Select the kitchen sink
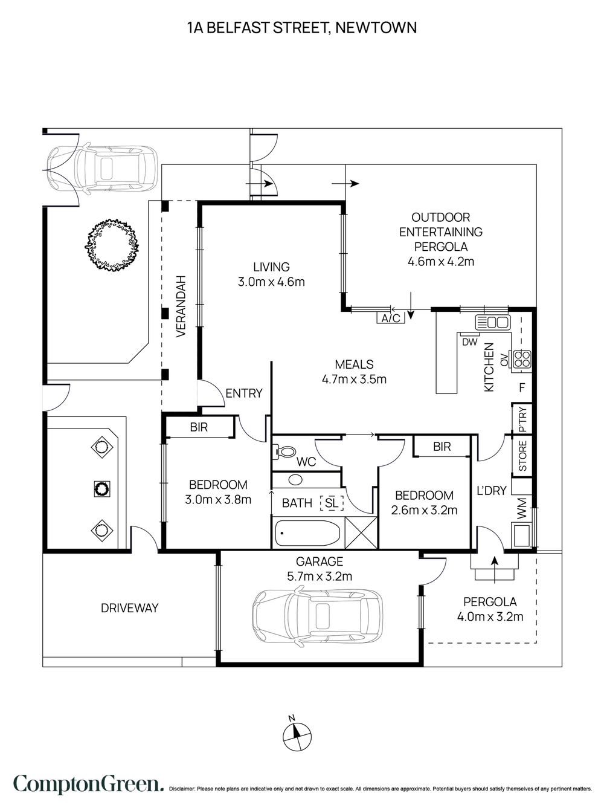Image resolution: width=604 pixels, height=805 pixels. tap(492, 322)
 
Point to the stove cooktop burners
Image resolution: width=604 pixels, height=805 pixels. tap(522, 359)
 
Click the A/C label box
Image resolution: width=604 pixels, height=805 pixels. tap(391, 318)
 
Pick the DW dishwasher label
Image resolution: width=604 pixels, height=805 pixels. tap(469, 342)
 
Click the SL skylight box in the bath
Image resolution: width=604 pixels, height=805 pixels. tap(332, 503)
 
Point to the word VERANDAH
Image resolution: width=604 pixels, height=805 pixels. tap(181, 306)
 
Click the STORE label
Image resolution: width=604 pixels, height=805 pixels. tap(522, 456)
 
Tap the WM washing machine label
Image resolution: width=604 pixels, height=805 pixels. tap(522, 508)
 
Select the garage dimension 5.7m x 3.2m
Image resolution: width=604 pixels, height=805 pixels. tap(320, 576)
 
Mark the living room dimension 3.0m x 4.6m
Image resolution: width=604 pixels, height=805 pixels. tap(271, 282)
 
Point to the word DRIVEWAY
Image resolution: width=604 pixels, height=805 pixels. tap(129, 608)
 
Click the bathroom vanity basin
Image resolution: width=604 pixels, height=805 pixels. tap(295, 479)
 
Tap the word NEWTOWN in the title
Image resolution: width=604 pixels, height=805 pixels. tap(376, 28)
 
